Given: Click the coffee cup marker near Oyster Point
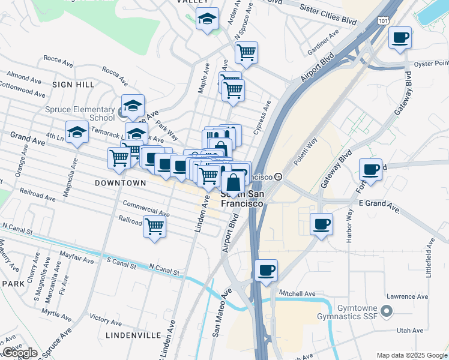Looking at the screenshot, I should click(400, 39).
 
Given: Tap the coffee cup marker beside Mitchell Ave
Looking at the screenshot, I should click(266, 270).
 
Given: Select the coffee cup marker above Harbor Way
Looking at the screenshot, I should click(322, 224).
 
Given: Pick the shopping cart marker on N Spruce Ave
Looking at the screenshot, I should click(246, 53).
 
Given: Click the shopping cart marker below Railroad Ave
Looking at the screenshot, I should click(155, 227).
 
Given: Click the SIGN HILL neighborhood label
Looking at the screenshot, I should click(73, 85).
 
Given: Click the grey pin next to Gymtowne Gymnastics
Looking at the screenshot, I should click(387, 311).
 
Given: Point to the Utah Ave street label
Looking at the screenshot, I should click(409, 331).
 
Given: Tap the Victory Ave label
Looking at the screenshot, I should click(105, 316).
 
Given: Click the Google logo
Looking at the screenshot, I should click(20, 353).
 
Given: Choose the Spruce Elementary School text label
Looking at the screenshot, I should click(80, 113).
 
